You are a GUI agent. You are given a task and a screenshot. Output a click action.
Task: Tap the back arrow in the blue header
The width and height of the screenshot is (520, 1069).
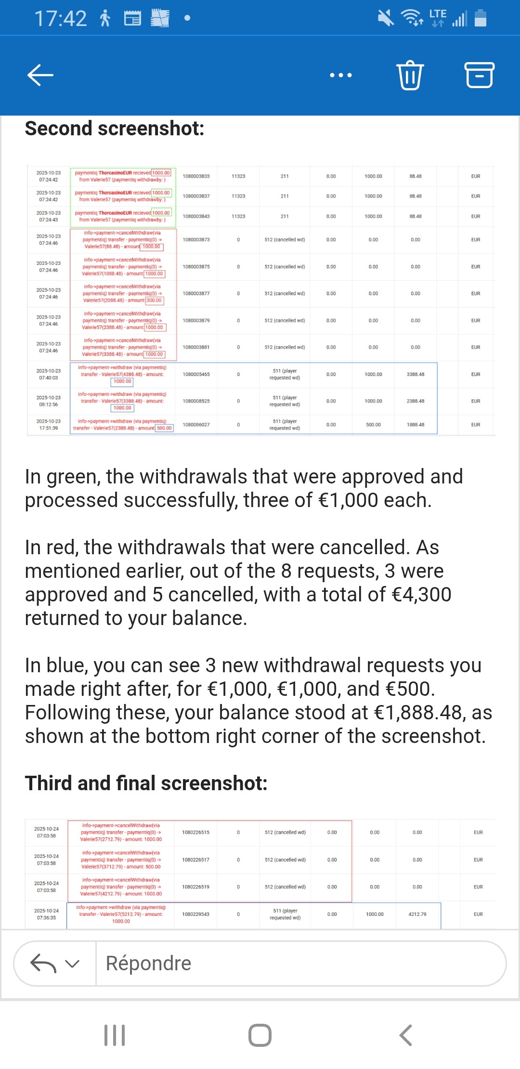[x=40, y=75]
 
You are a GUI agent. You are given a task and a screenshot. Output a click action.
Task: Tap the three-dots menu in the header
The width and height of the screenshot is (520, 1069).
[x=341, y=75]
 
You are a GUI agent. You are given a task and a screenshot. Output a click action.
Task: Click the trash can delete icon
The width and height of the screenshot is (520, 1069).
[x=410, y=75]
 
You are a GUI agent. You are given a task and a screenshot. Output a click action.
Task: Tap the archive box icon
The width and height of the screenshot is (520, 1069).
[x=479, y=75]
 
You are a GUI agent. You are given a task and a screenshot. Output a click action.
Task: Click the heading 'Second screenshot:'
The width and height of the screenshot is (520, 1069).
[x=115, y=129]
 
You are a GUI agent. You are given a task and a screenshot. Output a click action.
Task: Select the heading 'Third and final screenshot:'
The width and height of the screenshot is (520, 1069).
[x=146, y=783]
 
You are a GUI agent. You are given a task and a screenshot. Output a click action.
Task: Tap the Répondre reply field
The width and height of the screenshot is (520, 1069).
[x=299, y=963]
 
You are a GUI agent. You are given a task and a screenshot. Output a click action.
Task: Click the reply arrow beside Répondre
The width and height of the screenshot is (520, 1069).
[x=44, y=963]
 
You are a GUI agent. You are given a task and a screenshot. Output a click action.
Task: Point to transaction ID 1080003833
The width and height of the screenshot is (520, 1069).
[x=196, y=176]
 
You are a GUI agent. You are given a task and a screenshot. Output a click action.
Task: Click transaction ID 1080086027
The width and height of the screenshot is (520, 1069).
[x=196, y=425]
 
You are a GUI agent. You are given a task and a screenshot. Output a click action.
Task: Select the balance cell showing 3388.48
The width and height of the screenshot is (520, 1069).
[x=416, y=374]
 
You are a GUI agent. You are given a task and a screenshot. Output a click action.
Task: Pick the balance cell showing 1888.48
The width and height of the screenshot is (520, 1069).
[x=416, y=425]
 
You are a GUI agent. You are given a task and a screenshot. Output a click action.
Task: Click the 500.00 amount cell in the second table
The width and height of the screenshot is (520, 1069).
[x=373, y=425]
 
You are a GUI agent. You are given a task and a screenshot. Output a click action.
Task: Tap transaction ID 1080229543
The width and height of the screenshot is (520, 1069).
[x=195, y=914]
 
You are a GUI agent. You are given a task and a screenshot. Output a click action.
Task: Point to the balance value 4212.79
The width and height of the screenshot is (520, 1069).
[x=417, y=914]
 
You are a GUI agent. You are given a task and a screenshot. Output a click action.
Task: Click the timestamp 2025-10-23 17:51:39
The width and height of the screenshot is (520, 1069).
[x=49, y=425]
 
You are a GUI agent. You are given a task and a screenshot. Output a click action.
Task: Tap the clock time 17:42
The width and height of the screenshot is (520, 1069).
[x=61, y=19]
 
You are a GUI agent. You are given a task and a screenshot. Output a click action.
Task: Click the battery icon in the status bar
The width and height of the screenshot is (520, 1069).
[x=481, y=18]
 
